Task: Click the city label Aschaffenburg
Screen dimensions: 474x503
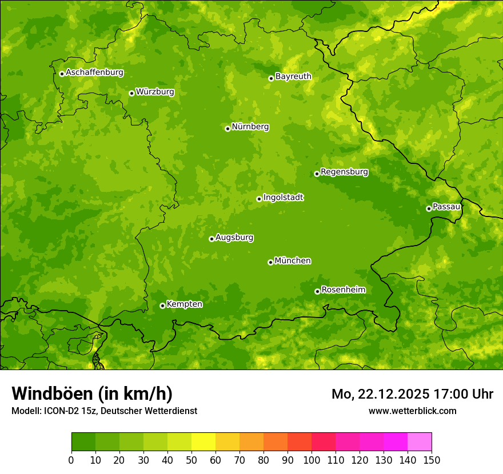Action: coord(94,73)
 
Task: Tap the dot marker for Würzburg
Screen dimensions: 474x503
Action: coord(131,93)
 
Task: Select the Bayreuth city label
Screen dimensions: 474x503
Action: coord(293,76)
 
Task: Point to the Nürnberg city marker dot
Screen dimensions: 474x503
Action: coord(227,128)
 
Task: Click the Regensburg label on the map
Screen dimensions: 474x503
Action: coord(344,171)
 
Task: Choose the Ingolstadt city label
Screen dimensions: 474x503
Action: coord(283,198)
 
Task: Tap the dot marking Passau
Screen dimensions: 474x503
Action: coord(429,208)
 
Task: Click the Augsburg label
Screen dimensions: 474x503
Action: coord(234,238)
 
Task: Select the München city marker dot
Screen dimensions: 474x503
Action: coord(270,262)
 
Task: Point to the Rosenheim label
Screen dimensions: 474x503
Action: coord(343,290)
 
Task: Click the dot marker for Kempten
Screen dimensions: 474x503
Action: coord(162,306)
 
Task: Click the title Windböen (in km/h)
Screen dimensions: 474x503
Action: coord(92,393)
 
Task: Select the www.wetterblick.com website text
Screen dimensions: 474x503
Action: coord(412,411)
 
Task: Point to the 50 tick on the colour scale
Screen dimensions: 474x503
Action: coord(191,460)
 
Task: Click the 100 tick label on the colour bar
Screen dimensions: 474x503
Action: coord(311,460)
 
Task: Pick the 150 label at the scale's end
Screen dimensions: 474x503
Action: coord(432,460)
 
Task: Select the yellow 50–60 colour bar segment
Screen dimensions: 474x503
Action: coord(203,442)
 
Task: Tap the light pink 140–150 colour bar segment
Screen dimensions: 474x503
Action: coord(420,442)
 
